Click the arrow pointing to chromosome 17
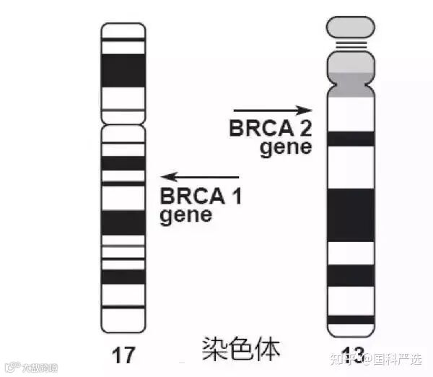pyautogui.click(x=200, y=177)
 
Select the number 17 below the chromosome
pyautogui.click(x=123, y=354)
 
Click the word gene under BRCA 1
pyautogui.click(x=185, y=214)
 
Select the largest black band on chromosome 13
pyautogui.click(x=351, y=214)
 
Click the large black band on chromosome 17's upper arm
pyautogui.click(x=123, y=70)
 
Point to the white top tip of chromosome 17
pyautogui.click(x=123, y=30)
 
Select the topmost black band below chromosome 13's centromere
pyautogui.click(x=351, y=138)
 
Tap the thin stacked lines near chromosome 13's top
pyautogui.click(x=351, y=46)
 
